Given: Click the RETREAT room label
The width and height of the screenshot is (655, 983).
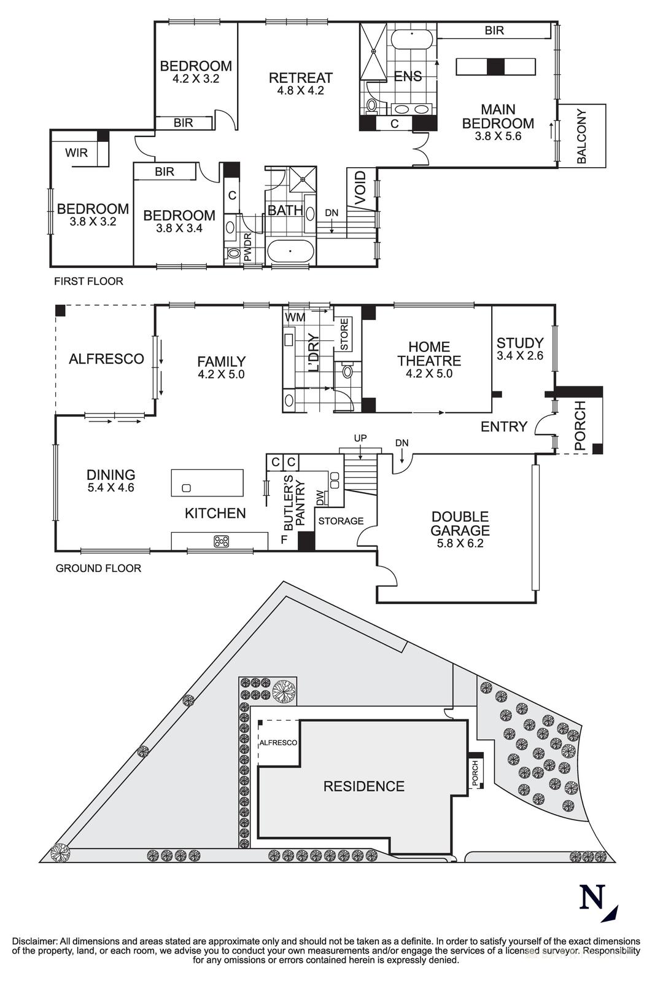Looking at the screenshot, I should (x=300, y=78).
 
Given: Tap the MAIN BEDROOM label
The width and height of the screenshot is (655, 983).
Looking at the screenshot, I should (x=498, y=117).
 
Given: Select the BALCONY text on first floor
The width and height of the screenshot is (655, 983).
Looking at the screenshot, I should (x=582, y=136).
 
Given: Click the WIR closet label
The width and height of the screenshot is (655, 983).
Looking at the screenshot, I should (x=76, y=153).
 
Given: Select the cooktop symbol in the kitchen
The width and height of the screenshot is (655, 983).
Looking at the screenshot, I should (x=221, y=541).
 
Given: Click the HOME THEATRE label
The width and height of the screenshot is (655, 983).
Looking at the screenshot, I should (x=429, y=354).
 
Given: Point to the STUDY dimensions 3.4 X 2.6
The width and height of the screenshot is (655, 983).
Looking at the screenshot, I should (x=520, y=355).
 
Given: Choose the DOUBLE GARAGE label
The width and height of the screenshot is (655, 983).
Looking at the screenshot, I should (x=460, y=523).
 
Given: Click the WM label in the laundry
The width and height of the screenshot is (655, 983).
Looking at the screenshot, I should (x=295, y=317).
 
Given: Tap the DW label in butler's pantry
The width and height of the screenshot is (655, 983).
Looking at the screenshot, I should (x=320, y=499).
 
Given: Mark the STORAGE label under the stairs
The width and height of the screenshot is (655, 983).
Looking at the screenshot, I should (x=341, y=521).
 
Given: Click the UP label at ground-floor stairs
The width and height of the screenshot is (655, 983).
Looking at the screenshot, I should (x=360, y=439).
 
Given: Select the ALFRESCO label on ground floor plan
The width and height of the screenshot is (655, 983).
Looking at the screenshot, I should (x=106, y=359).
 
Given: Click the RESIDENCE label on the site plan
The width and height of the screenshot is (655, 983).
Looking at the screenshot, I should (x=364, y=786).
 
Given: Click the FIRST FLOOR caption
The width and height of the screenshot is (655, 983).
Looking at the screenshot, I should (x=88, y=281).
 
